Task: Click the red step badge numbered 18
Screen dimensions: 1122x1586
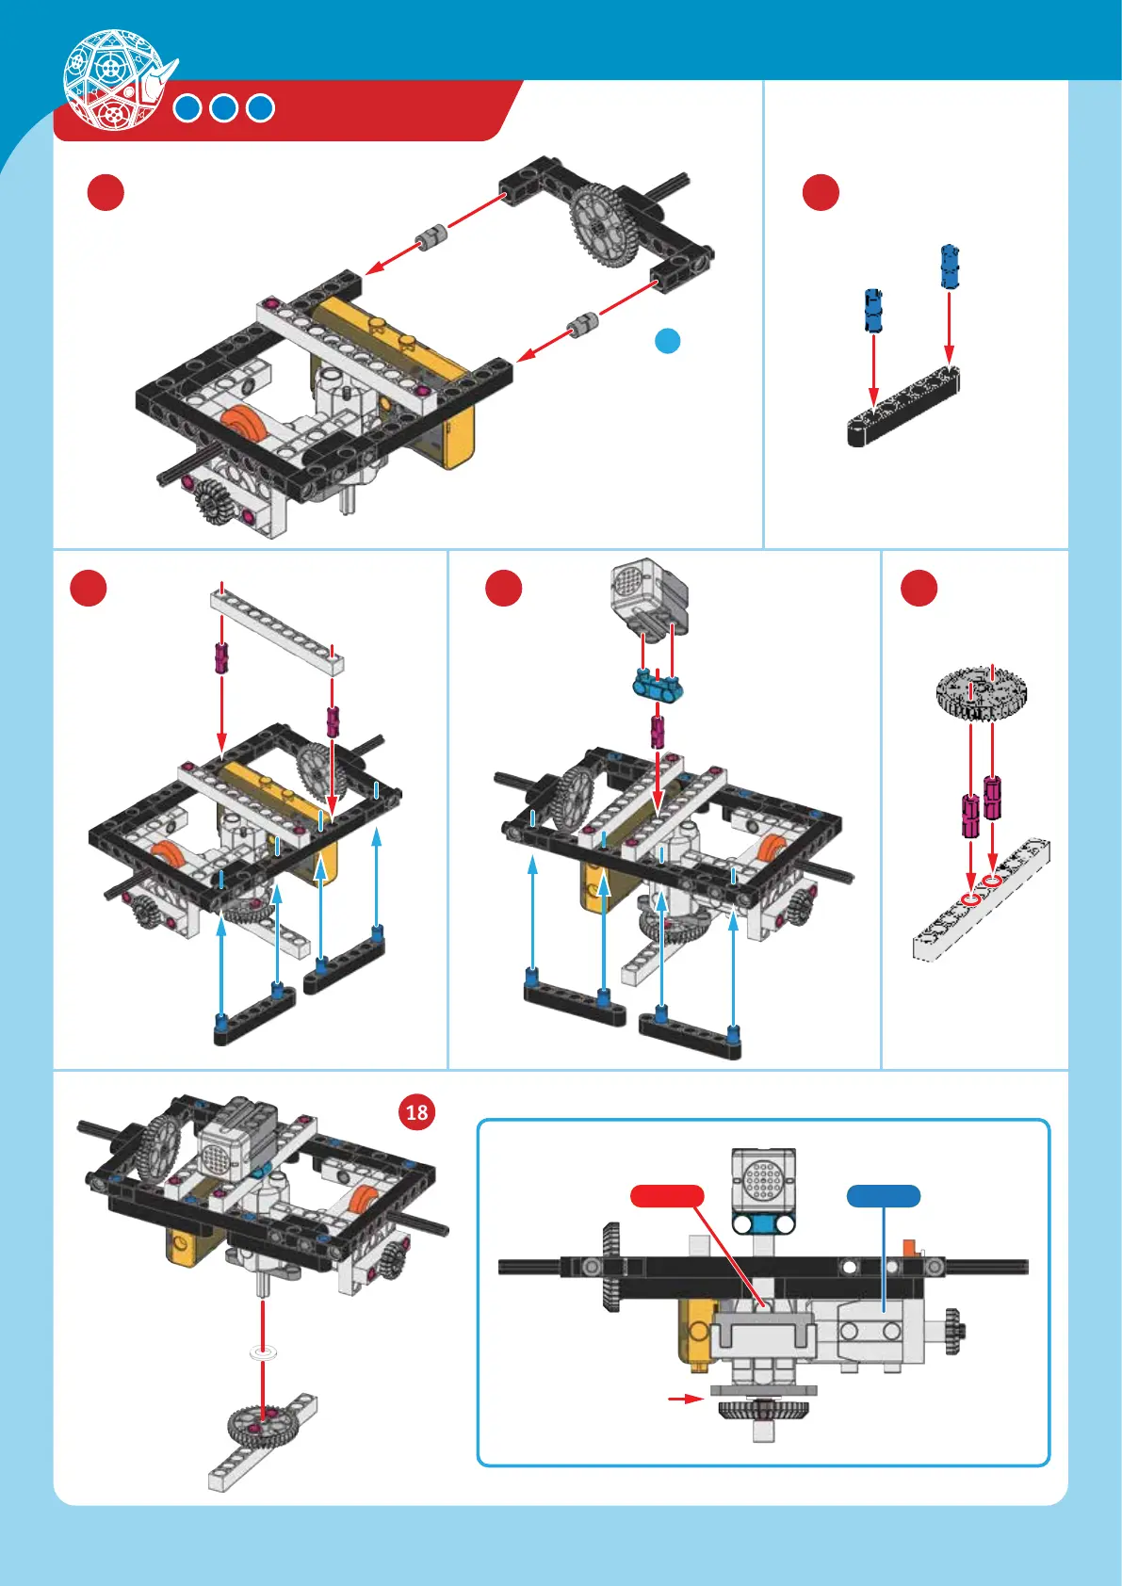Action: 416,1112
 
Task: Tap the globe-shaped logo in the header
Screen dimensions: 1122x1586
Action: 112,79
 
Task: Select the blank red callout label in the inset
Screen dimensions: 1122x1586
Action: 667,1196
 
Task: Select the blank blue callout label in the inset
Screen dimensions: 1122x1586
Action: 883,1196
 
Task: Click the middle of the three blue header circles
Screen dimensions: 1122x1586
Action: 223,108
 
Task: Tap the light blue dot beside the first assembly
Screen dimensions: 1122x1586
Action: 667,341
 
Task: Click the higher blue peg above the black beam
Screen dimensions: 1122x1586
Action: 950,267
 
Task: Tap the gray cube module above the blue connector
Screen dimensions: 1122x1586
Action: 648,596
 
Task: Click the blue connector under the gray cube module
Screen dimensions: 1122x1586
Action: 657,686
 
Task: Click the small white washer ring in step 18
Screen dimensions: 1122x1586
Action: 264,1353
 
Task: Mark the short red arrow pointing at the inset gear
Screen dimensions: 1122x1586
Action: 685,1400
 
